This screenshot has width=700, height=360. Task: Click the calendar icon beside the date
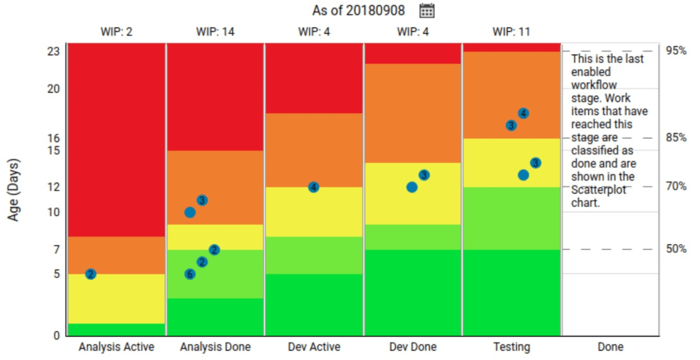(427, 11)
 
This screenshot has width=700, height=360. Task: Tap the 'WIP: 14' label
(215, 32)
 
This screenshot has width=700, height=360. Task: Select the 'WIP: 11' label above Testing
(511, 32)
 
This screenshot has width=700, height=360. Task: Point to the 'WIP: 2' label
(116, 32)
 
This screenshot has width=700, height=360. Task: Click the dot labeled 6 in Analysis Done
(190, 274)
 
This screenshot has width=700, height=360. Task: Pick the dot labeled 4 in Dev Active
(314, 187)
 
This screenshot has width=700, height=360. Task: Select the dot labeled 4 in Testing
(524, 113)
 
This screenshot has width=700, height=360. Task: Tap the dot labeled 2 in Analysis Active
(90, 274)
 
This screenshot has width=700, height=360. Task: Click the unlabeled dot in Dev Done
(412, 187)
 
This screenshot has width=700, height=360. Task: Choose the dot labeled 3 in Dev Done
(424, 175)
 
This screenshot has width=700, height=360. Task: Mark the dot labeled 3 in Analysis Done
(203, 200)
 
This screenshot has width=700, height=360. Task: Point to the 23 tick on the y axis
(54, 51)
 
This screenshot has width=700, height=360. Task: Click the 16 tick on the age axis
(54, 138)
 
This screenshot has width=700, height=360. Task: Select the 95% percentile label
(676, 51)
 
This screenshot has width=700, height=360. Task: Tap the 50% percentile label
(676, 249)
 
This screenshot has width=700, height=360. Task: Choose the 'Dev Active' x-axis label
(314, 347)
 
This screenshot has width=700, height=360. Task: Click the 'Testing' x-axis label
(511, 347)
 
